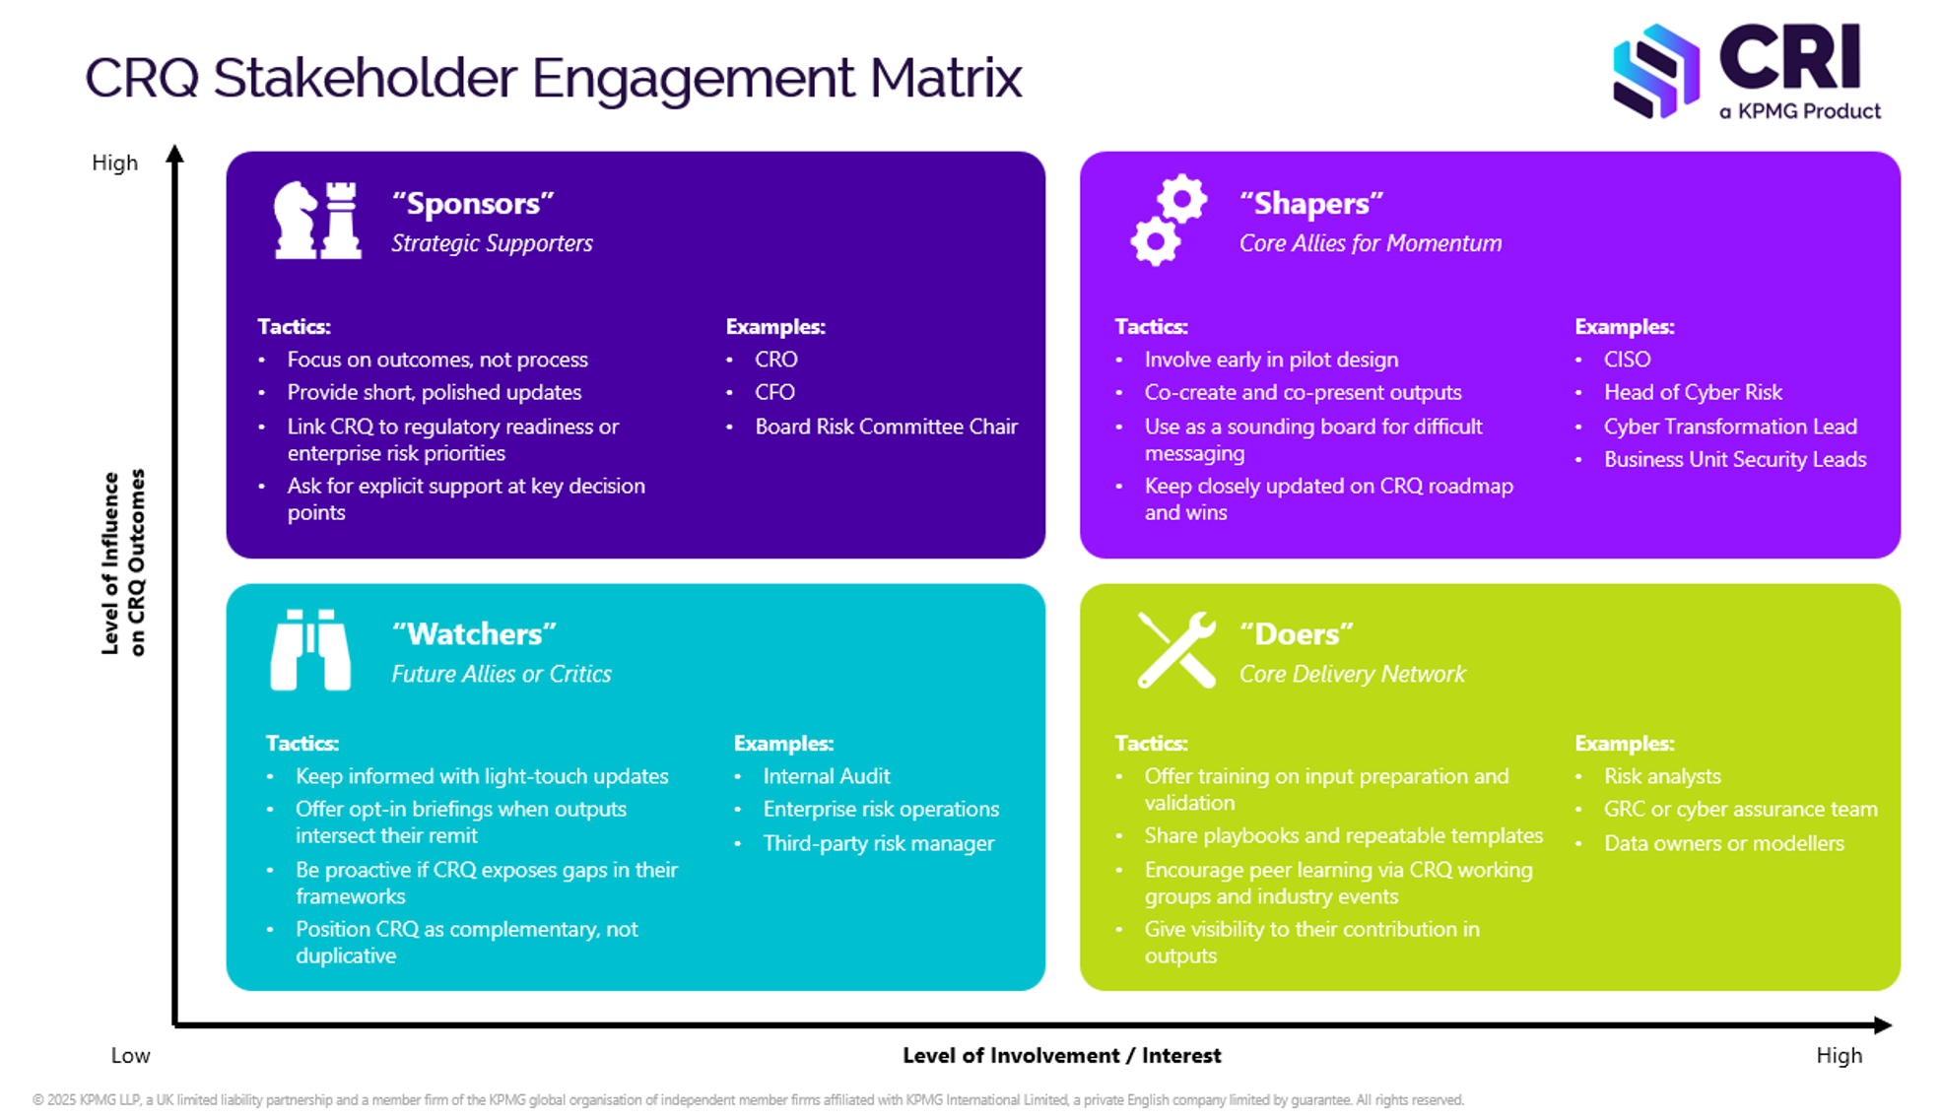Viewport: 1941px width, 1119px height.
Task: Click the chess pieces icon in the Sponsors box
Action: (x=317, y=220)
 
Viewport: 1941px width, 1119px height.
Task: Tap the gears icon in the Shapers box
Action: (x=1169, y=220)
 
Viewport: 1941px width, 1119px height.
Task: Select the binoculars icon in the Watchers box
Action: (x=310, y=650)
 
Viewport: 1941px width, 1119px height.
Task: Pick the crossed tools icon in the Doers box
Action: (x=1176, y=650)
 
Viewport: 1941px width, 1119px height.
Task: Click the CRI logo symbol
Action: (x=1656, y=72)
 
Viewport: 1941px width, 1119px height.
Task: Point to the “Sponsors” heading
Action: (x=473, y=203)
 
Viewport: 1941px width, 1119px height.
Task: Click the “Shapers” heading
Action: (x=1311, y=203)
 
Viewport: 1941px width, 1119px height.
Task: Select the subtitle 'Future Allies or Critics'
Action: (x=502, y=674)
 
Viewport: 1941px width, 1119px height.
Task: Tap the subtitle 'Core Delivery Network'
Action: (x=1352, y=674)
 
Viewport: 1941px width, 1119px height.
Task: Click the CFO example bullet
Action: (x=774, y=392)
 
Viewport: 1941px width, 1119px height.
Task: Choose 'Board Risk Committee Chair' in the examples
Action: (x=886, y=427)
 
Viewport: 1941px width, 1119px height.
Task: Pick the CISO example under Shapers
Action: (x=1627, y=360)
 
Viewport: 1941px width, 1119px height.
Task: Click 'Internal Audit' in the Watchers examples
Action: (x=826, y=776)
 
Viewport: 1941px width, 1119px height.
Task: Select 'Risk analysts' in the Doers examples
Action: (x=1662, y=776)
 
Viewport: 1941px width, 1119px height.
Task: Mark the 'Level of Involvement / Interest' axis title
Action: (x=1061, y=1056)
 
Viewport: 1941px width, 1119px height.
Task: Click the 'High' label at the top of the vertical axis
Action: (x=114, y=163)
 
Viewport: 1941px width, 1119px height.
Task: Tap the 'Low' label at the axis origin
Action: (x=130, y=1056)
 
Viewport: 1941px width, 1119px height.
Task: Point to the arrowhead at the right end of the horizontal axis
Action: (x=1882, y=1025)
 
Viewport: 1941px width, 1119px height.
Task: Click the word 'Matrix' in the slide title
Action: (x=946, y=78)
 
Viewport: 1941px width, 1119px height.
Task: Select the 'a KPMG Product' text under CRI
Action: (x=1800, y=111)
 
